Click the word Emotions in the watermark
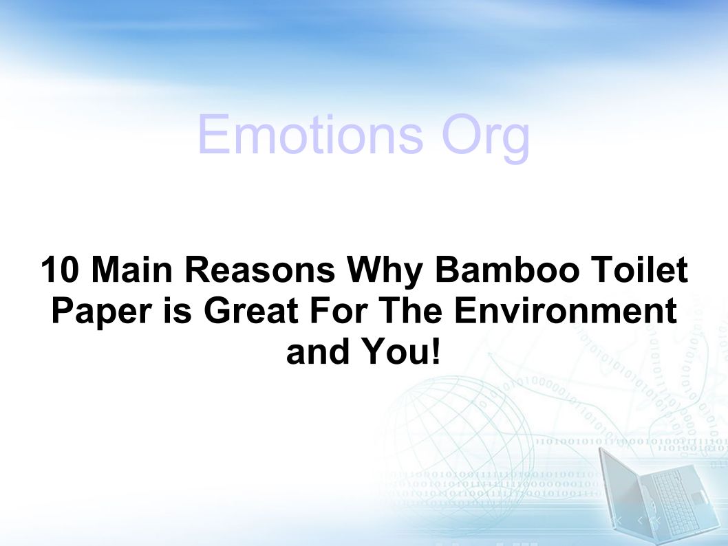pyautogui.click(x=310, y=135)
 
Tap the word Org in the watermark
pyautogui.click(x=486, y=138)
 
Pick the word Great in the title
pyautogui.click(x=250, y=310)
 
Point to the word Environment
pyautogui.click(x=565, y=310)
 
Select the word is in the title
pyautogui.click(x=177, y=310)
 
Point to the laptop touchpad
pyautogui.click(x=698, y=499)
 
